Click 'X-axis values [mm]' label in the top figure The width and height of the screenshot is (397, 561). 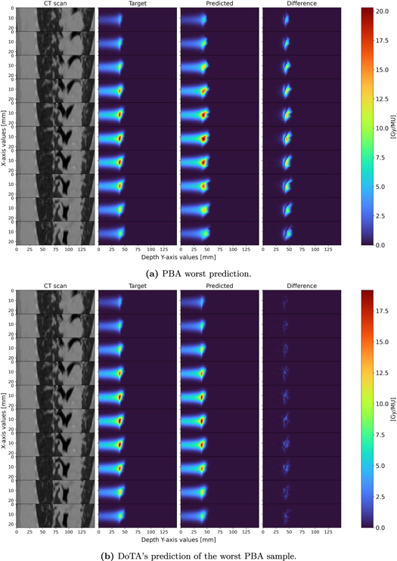(5, 126)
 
